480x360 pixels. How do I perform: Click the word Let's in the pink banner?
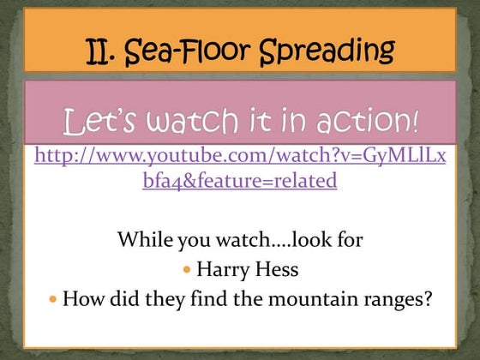pyautogui.click(x=97, y=120)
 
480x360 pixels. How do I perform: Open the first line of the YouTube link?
pyautogui.click(x=239, y=157)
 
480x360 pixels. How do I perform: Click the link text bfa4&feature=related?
pyautogui.click(x=239, y=182)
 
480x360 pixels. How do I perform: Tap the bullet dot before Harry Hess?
pyautogui.click(x=189, y=270)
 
